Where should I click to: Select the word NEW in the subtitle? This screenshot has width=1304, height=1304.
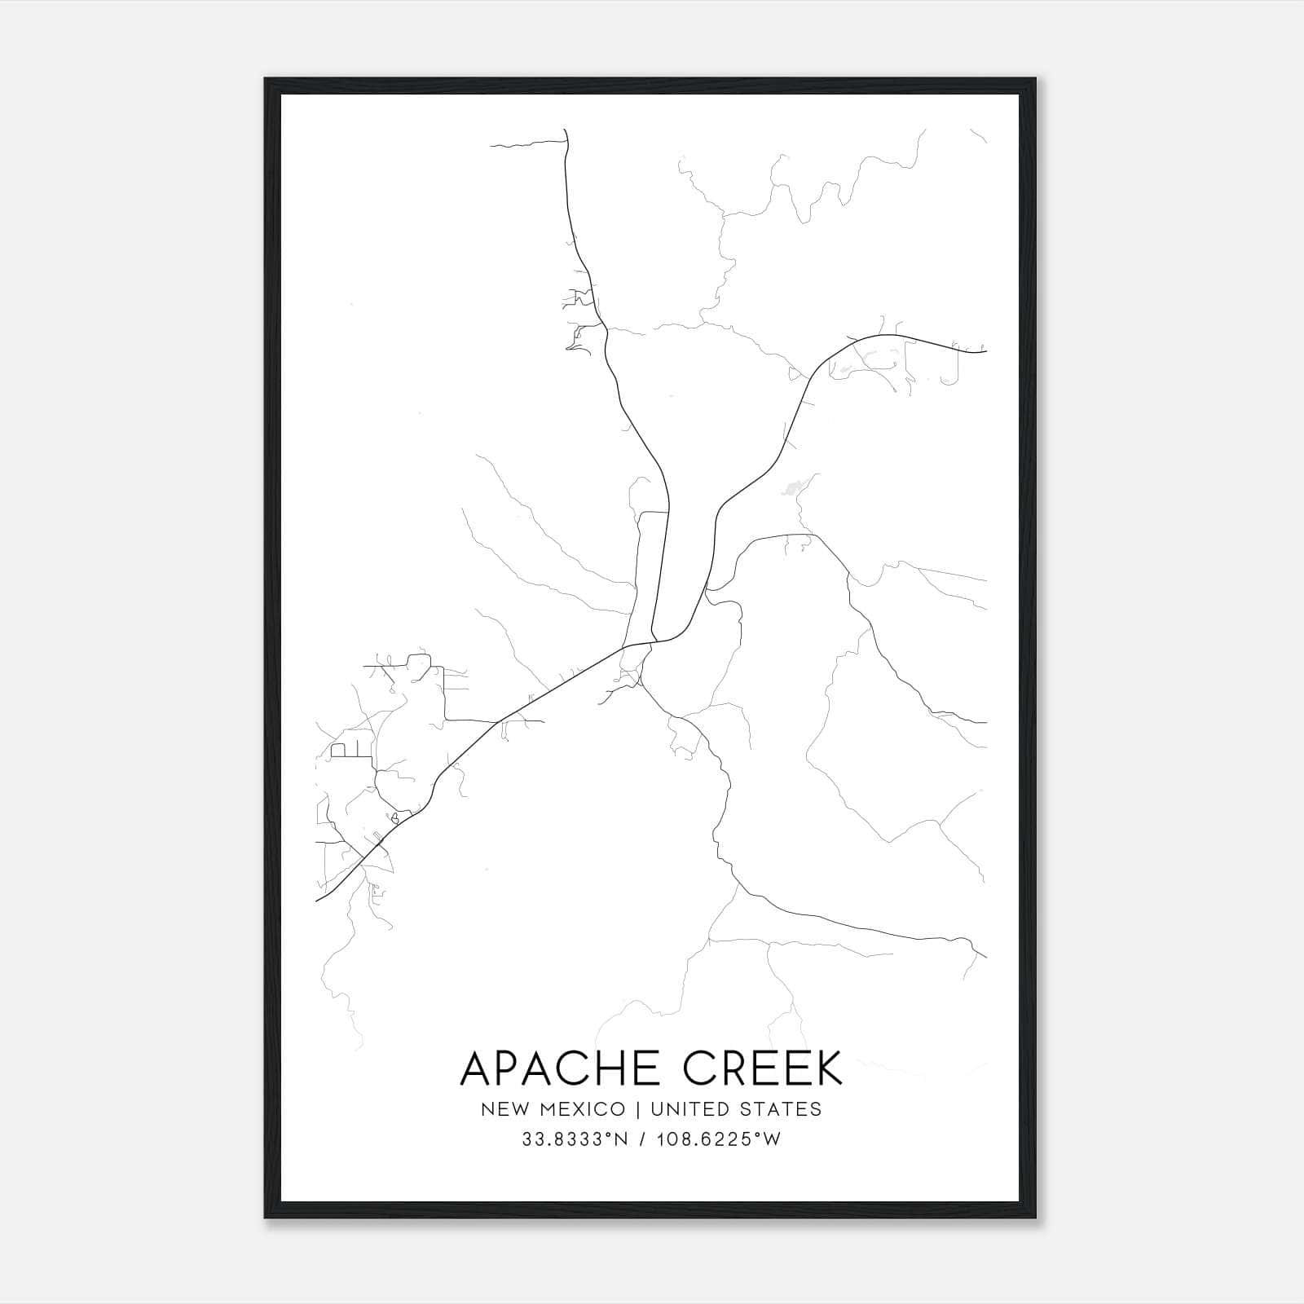tap(500, 1109)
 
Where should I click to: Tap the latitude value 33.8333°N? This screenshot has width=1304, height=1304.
tap(575, 1139)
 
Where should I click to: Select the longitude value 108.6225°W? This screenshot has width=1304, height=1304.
tap(721, 1139)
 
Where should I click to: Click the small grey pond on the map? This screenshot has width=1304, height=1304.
tap(791, 489)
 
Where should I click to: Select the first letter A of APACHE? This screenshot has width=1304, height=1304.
tap(478, 1068)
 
